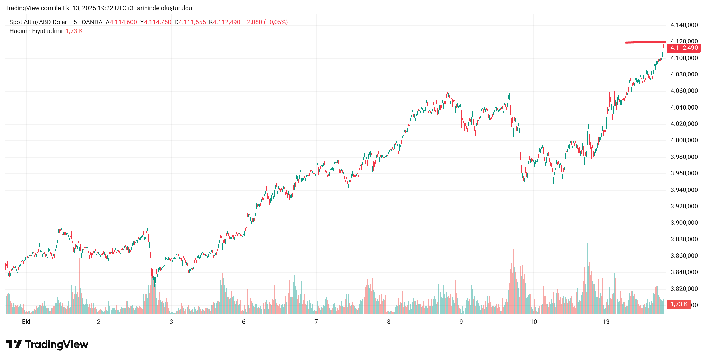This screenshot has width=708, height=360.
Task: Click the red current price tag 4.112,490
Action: (684, 48)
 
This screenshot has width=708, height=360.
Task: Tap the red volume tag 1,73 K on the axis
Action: (679, 304)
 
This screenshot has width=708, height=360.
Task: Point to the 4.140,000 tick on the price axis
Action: (684, 25)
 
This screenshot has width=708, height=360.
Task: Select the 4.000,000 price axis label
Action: (684, 140)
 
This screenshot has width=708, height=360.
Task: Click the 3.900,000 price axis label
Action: (684, 223)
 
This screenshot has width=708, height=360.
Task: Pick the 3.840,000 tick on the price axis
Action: (684, 272)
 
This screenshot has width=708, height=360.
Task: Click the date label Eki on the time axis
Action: (26, 322)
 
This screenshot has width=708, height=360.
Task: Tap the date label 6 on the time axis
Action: (244, 322)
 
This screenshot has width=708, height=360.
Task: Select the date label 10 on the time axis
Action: (534, 322)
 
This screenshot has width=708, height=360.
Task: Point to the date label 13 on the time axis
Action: (606, 322)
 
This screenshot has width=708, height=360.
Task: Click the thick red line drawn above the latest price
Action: (645, 42)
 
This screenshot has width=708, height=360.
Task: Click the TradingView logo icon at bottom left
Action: (14, 344)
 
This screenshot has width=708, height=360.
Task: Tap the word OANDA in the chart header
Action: (92, 22)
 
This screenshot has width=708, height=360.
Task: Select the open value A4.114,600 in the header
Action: (121, 22)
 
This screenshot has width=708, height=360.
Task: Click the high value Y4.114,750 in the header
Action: (156, 22)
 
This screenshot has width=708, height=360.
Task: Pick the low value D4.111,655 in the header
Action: (190, 22)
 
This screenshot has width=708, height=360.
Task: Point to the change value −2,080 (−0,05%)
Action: (266, 22)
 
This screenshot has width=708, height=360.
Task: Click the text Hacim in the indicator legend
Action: (18, 31)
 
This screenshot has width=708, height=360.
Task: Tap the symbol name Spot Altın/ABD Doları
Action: (39, 22)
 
